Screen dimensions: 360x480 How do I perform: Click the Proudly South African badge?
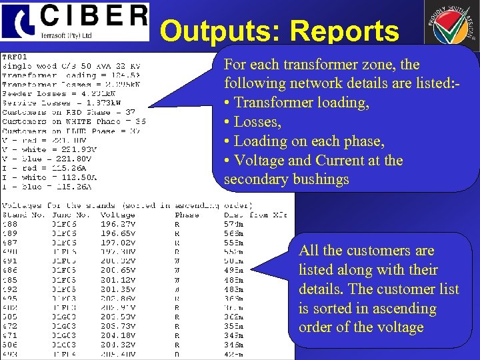[x=451, y=27]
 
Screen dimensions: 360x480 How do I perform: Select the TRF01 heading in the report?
[x=15, y=57]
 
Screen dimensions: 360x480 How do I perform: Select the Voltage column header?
[x=117, y=215]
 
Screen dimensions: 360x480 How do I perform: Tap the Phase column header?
[x=186, y=215]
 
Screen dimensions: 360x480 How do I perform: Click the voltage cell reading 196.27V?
[x=117, y=225]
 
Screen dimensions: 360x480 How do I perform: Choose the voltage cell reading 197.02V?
[x=117, y=243]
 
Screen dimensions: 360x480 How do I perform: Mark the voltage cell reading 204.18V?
[x=117, y=335]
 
